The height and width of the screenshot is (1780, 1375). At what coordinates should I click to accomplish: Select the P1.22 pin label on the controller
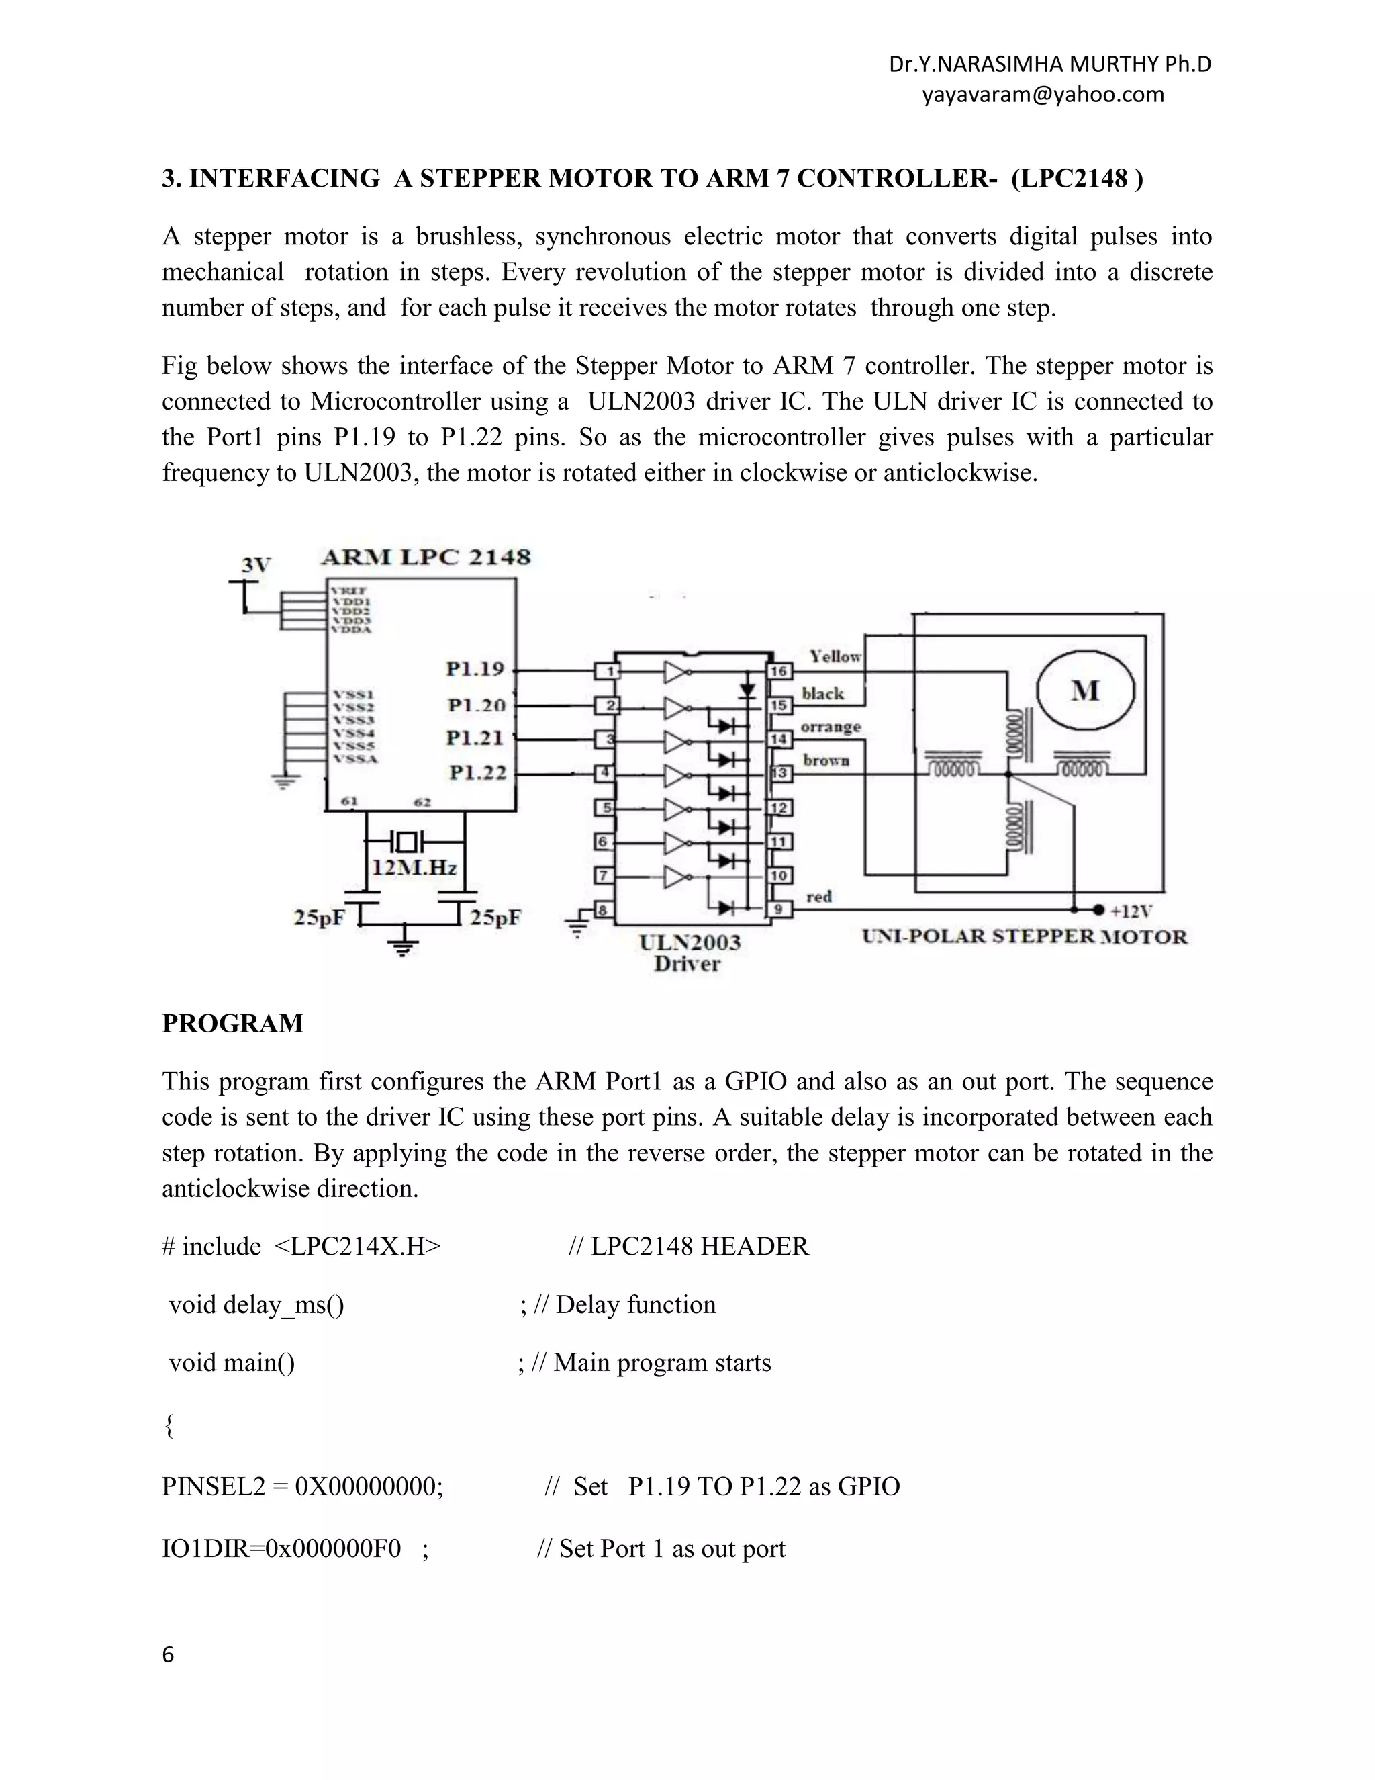(477, 772)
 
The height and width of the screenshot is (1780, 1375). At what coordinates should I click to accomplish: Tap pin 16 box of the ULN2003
(779, 671)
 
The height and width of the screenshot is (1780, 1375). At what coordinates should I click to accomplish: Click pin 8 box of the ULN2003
(604, 909)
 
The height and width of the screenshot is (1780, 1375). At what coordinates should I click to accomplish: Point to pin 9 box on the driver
(779, 909)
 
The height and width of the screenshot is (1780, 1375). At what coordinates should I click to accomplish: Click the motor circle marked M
(1085, 691)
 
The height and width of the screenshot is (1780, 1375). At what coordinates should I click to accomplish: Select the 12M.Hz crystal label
(414, 868)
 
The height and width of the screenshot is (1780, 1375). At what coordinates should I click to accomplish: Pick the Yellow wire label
(835, 656)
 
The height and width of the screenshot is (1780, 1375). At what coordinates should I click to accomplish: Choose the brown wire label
(826, 760)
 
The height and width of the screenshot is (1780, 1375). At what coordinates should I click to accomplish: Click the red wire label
(818, 897)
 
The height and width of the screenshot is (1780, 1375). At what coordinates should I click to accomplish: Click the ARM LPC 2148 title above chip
(425, 558)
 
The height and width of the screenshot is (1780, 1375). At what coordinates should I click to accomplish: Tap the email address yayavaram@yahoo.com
(1043, 95)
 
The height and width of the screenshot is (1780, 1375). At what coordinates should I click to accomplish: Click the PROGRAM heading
(233, 1023)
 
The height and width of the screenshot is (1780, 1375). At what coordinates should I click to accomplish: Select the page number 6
(168, 1654)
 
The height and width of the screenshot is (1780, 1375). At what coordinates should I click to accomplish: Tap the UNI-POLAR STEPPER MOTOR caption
(1025, 936)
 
